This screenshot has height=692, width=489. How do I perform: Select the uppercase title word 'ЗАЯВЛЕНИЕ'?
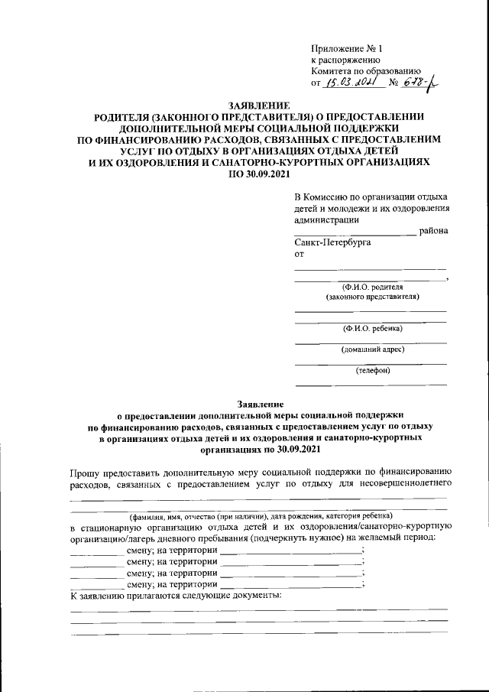coord(258,105)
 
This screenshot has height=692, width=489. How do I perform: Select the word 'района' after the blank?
coord(433,230)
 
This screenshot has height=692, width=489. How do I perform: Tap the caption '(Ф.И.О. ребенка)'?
coord(372,328)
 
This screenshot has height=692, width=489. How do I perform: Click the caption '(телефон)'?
coord(372,371)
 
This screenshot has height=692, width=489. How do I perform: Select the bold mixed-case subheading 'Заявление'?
coord(258,403)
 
